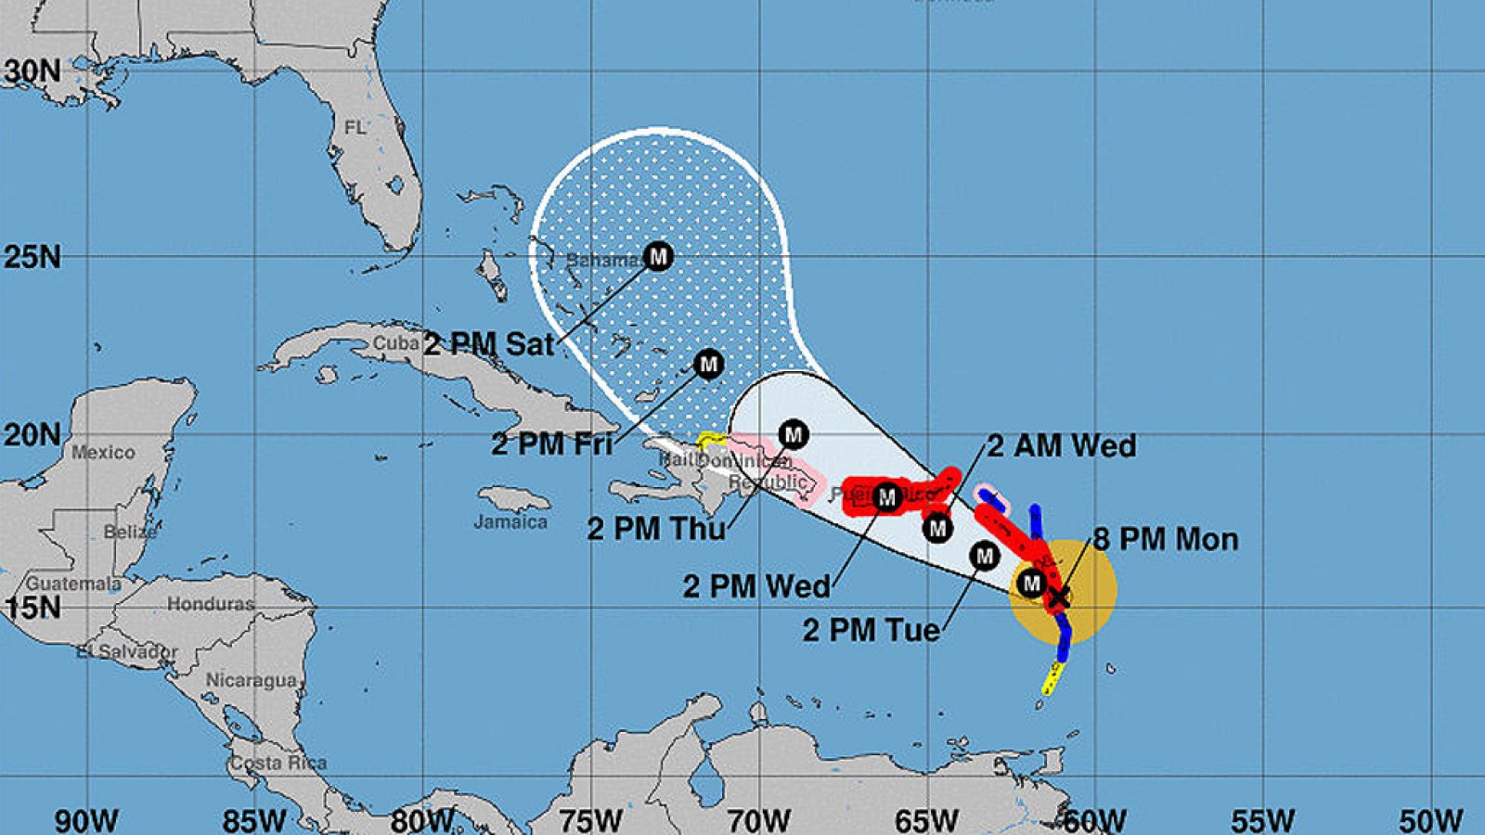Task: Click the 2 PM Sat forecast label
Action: (x=488, y=344)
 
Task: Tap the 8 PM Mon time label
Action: (x=1165, y=539)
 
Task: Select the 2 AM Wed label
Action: (x=1061, y=446)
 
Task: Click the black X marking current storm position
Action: (x=1058, y=597)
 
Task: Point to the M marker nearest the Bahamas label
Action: (x=658, y=256)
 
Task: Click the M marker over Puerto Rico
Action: (x=886, y=497)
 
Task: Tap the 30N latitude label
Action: (x=32, y=71)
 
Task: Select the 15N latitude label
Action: (x=32, y=608)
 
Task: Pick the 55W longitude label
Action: (x=1263, y=821)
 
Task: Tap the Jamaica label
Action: (x=510, y=522)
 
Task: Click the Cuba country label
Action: (x=396, y=343)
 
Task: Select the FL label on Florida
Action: (x=355, y=127)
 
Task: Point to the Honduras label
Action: (x=211, y=604)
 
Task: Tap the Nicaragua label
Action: (x=251, y=680)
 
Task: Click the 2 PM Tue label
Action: (x=871, y=631)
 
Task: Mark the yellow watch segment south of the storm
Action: (x=1053, y=678)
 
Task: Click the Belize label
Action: (x=130, y=532)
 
